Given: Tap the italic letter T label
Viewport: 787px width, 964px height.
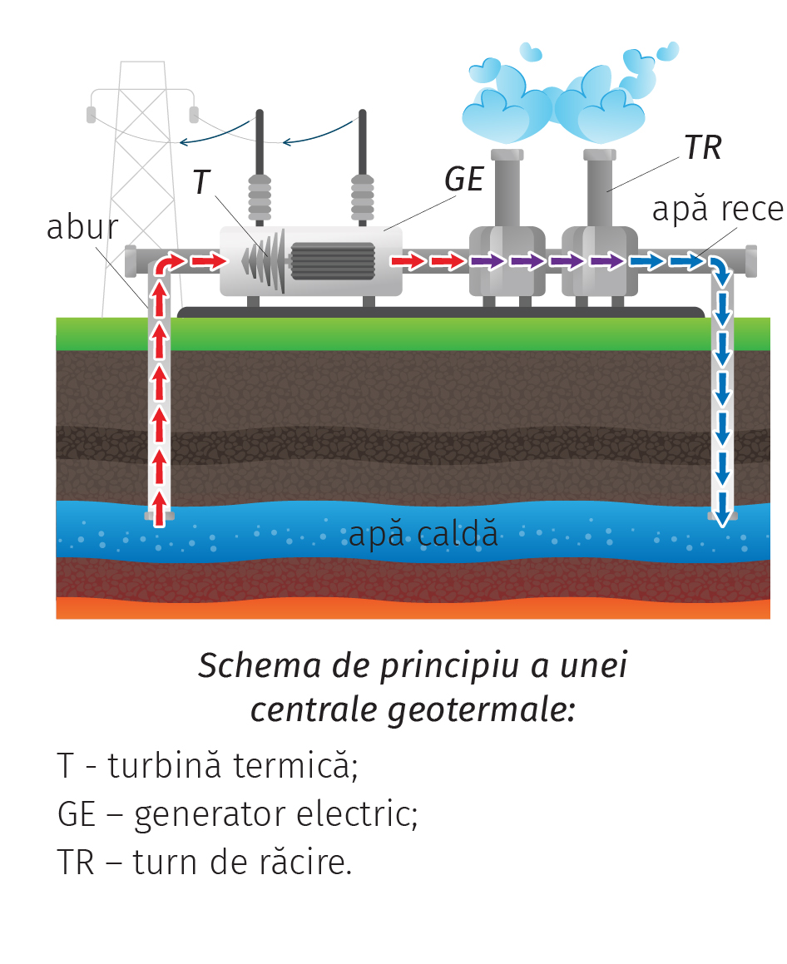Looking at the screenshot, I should coord(201,182).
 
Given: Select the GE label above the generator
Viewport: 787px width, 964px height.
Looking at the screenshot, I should coord(463,179).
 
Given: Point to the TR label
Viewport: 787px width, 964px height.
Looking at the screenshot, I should coord(702,148).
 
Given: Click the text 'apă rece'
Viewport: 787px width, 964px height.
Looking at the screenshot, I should coord(717,210).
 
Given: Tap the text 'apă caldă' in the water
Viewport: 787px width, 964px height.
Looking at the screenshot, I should coord(423,534).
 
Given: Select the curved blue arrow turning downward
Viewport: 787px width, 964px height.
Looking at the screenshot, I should coord(718,268).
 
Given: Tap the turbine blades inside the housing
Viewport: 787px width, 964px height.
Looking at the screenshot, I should coord(266,260).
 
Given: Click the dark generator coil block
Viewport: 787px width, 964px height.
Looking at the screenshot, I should coord(333,260).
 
